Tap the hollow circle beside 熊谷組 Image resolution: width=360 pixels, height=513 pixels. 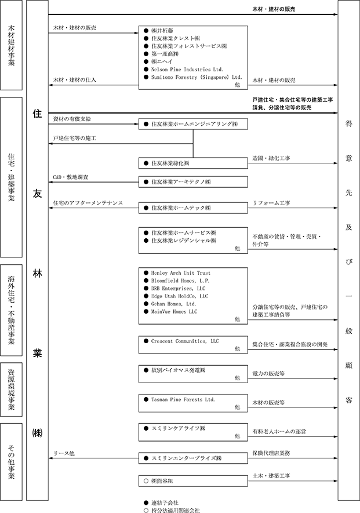pyautogui.click(x=146, y=479)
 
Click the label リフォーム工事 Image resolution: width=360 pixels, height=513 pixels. pyautogui.click(x=272, y=203)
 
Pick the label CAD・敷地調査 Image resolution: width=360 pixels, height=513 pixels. pyautogui.click(x=70, y=176)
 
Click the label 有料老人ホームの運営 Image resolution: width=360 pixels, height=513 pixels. pyautogui.click(x=279, y=431)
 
